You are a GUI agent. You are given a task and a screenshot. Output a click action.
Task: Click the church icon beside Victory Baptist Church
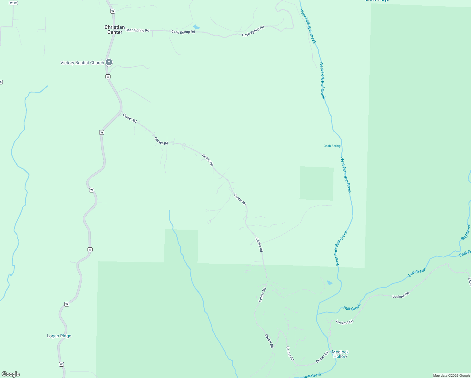point(109,62)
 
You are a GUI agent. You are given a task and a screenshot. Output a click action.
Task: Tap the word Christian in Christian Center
point(115,27)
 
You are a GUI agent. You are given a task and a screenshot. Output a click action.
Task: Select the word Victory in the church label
point(67,63)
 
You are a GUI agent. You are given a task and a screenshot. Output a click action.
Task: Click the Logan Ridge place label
point(59,336)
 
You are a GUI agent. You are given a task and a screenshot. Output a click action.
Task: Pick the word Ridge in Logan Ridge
point(65,336)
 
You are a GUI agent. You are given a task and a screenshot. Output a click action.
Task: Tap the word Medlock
point(340,352)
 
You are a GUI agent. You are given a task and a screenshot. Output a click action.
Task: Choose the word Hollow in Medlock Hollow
point(340,357)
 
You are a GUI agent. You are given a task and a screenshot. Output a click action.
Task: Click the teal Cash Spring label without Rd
point(332,146)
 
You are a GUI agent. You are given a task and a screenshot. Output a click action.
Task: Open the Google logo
point(11,374)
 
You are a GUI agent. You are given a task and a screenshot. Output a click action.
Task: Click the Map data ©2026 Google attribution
point(451,375)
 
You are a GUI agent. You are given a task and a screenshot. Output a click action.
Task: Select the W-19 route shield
point(13,3)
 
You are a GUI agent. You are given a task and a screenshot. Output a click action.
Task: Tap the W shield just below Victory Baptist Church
point(108,77)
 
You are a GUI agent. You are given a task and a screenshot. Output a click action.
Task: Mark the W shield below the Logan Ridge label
point(61,364)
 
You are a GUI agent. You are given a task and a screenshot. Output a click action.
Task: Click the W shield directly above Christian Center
point(113,11)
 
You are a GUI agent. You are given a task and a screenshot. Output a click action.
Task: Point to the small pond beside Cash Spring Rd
point(196,27)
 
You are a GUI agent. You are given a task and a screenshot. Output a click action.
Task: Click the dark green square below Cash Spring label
point(316,183)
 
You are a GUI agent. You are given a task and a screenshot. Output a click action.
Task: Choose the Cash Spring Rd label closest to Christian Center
point(137,30)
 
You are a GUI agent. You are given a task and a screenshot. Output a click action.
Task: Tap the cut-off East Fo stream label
point(465,253)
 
